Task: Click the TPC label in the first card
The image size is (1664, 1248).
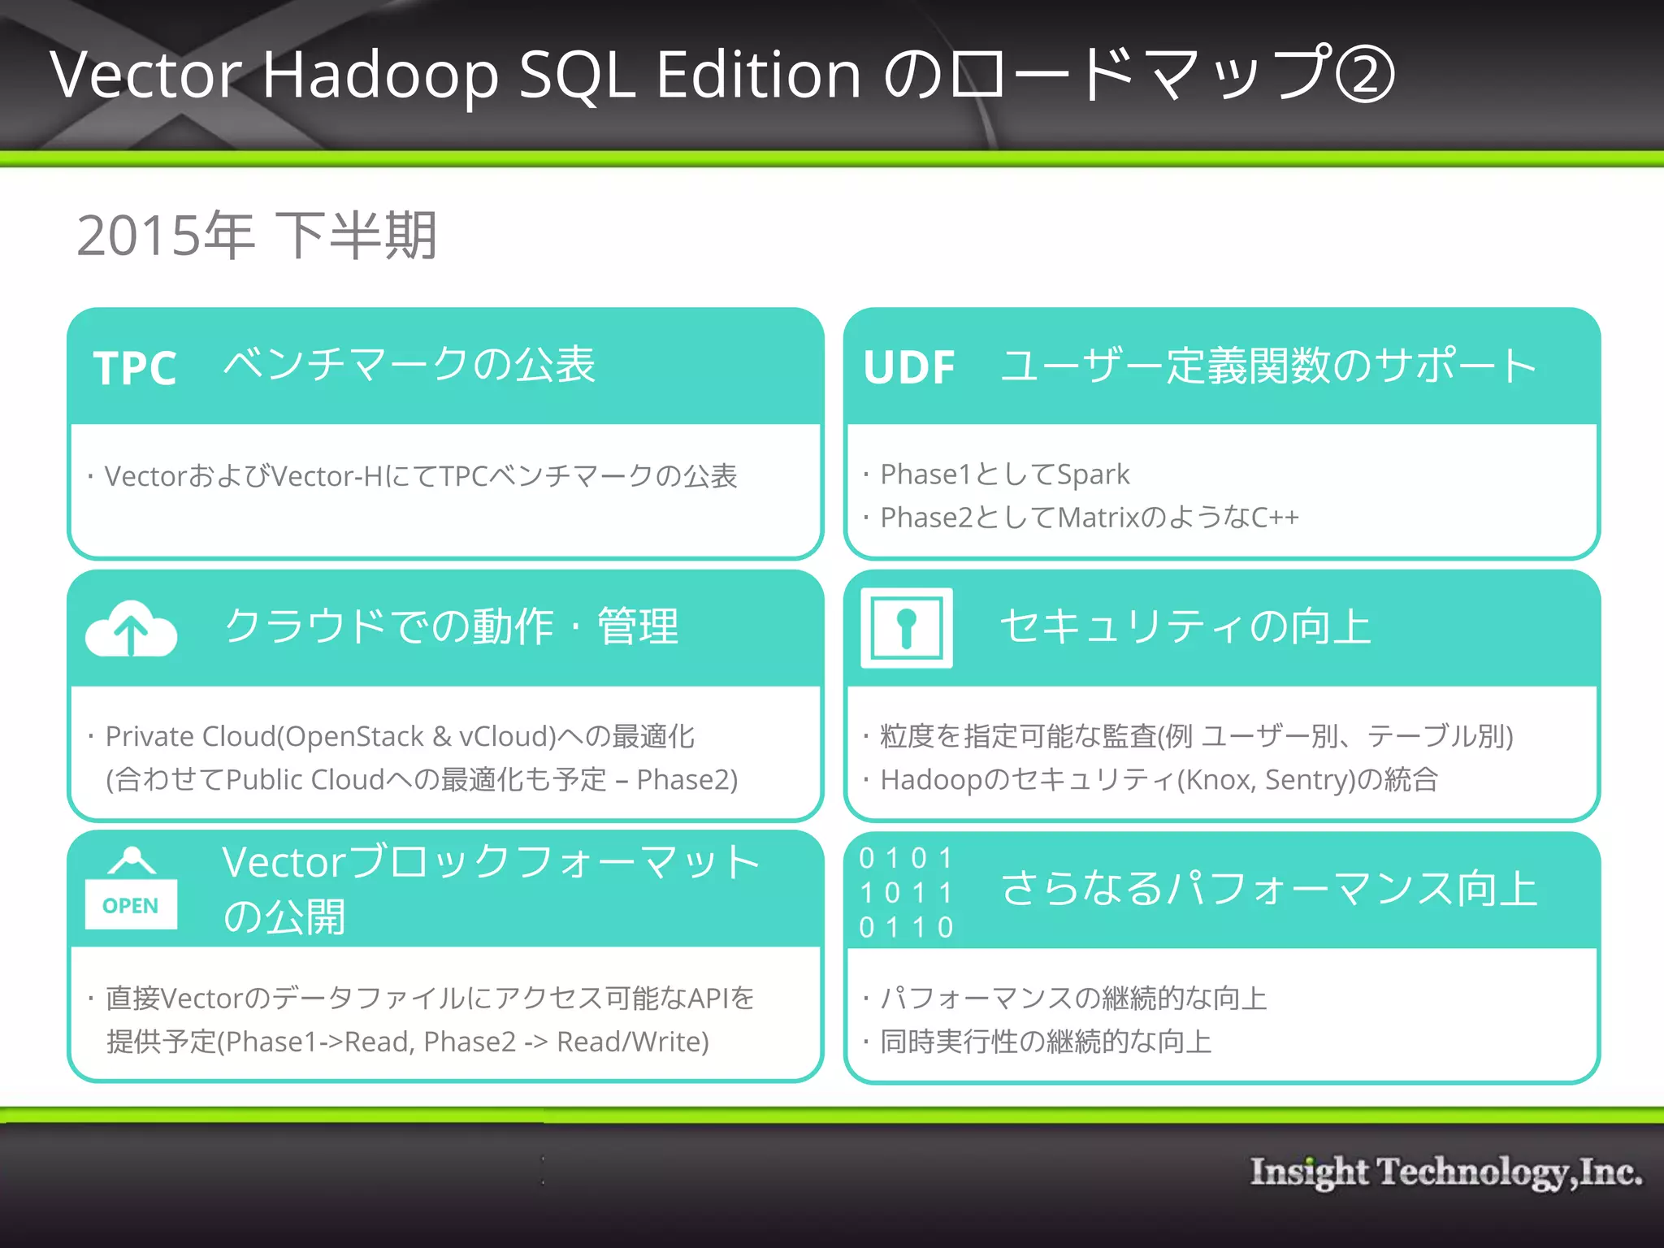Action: click(x=135, y=368)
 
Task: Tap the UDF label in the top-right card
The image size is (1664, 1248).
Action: click(x=909, y=367)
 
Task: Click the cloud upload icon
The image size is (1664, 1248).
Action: click(x=131, y=629)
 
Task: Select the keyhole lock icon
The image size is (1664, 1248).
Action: click(x=906, y=628)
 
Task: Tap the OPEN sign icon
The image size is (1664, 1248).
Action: click(x=131, y=890)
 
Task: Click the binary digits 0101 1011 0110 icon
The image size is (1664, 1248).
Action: click(x=906, y=892)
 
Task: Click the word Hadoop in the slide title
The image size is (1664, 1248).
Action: click(x=379, y=75)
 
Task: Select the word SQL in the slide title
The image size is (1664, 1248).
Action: click(x=577, y=75)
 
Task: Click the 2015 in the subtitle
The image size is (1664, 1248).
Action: click(x=138, y=236)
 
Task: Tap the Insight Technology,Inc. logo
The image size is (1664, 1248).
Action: click(x=1445, y=1172)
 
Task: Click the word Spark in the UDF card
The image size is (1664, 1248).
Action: click(x=1093, y=474)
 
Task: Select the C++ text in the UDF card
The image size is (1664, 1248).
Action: click(x=1275, y=518)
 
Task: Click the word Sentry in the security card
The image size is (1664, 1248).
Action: click(x=1305, y=780)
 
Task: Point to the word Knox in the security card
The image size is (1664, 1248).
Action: click(x=1220, y=780)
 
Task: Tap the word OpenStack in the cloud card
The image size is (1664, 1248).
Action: click(x=354, y=736)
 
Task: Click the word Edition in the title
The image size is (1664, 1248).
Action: click(x=758, y=75)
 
